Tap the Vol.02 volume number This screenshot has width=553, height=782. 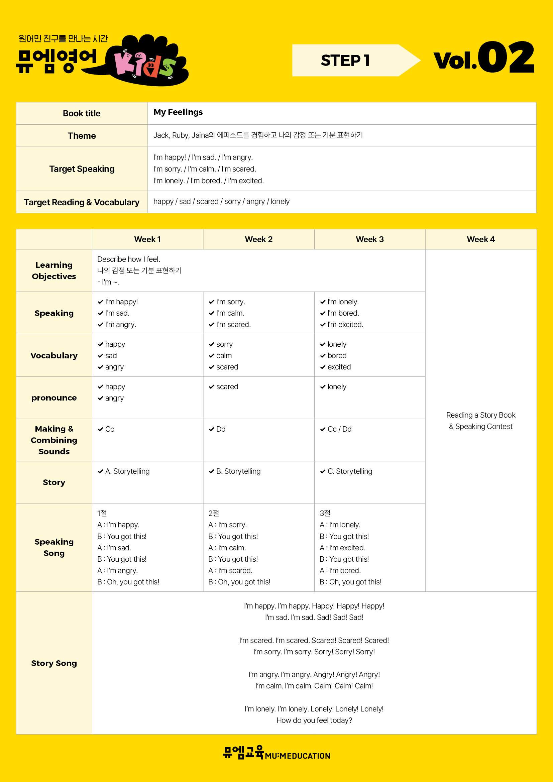[x=483, y=58]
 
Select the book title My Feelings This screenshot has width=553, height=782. [x=178, y=112]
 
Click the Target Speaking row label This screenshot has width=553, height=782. [x=82, y=169]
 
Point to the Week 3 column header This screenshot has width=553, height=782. [x=369, y=239]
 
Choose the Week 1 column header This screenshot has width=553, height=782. [x=147, y=239]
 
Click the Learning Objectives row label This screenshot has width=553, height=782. [x=54, y=270]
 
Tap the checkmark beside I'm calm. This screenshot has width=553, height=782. [x=211, y=313]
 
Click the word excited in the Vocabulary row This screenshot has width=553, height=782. [x=339, y=367]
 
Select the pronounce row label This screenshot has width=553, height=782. [x=54, y=398]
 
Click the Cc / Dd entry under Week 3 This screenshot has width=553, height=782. [x=339, y=429]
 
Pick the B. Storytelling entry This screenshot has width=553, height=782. [x=238, y=471]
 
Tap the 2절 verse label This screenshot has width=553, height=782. [x=214, y=513]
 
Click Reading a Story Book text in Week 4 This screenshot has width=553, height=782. [x=480, y=415]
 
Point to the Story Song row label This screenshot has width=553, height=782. [x=54, y=663]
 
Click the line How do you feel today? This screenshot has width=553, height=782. [x=314, y=720]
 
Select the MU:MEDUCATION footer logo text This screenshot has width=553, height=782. [x=297, y=756]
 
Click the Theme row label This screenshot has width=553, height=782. [x=82, y=135]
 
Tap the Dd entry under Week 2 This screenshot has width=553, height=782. [x=221, y=429]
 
